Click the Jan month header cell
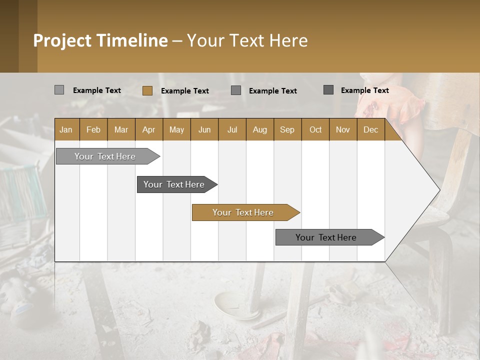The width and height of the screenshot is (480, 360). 66,129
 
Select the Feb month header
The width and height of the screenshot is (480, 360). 93,129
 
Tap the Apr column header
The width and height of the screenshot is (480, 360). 148,129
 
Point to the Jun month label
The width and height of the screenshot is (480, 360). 204,129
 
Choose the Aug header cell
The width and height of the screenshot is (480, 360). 259,129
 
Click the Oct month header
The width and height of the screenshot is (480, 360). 315,129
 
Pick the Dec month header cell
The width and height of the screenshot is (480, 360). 370,129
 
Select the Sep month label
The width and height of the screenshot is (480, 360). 287,129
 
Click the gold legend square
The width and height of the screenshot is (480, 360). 147,90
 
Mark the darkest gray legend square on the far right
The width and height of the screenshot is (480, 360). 328,90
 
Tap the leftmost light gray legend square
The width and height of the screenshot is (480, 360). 59,90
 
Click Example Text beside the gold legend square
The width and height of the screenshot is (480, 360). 185,91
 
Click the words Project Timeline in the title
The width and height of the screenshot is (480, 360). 100,40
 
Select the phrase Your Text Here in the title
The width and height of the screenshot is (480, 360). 247,40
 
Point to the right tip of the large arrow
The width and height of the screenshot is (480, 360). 439,190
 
